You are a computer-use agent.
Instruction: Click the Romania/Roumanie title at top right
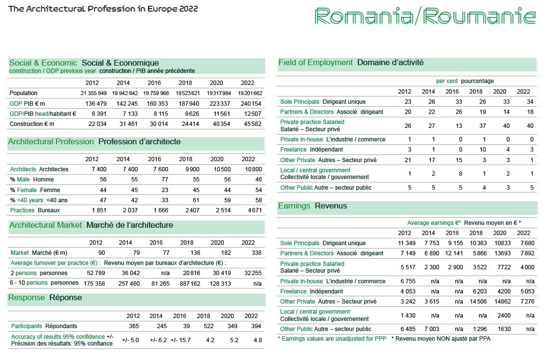click(x=424, y=17)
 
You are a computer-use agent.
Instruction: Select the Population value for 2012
click(x=94, y=93)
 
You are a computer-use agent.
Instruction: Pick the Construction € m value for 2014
click(x=124, y=124)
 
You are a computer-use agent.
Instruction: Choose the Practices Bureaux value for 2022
click(x=251, y=210)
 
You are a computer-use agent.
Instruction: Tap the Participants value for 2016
click(x=179, y=326)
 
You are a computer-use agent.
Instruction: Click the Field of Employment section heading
click(x=316, y=63)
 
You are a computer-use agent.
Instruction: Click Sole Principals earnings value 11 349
click(x=407, y=243)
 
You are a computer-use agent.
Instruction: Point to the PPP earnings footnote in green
click(x=332, y=339)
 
